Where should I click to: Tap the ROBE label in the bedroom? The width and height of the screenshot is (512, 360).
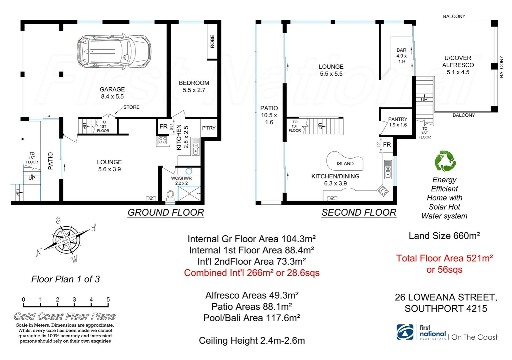pos(212,42)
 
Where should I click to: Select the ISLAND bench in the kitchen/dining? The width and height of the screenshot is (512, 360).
pos(345,162)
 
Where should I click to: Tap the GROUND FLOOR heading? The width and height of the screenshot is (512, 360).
pos(166,213)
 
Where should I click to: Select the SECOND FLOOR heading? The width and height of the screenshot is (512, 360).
pos(359,213)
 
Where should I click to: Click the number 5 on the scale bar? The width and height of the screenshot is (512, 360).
pos(108,300)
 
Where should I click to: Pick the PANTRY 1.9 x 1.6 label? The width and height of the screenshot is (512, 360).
pos(398,122)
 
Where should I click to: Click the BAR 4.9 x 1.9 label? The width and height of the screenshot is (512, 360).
pos(401,56)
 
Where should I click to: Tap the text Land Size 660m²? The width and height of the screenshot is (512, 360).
pos(444,236)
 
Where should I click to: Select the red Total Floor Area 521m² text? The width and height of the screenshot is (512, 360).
pos(444,258)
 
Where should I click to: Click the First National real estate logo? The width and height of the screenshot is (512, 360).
pos(405,332)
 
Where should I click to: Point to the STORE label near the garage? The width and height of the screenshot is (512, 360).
pos(131,107)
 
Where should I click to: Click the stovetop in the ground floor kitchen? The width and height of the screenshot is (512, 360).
pos(163,140)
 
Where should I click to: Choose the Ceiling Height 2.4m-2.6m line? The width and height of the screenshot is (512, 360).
pos(252,341)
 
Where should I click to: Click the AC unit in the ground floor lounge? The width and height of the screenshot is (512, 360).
pos(151,199)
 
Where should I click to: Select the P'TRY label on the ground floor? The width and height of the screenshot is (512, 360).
pos(209,128)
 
